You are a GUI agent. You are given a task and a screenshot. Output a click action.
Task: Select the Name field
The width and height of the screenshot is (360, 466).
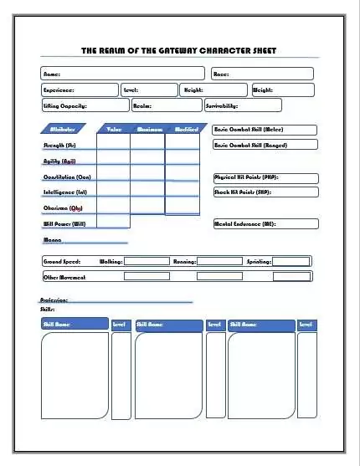(x=122, y=74)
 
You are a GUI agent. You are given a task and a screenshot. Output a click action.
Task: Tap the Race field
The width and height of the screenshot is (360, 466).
(x=265, y=74)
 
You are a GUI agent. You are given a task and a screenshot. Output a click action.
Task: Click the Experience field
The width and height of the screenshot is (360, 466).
(x=80, y=90)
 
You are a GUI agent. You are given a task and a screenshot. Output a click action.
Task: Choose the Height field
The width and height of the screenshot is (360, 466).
(x=213, y=90)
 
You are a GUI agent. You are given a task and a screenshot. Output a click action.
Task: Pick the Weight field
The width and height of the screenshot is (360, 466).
(x=282, y=90)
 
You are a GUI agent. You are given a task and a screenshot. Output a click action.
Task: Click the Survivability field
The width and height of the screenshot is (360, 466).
(x=242, y=105)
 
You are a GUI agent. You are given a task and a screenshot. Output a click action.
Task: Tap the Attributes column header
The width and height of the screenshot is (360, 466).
(x=64, y=129)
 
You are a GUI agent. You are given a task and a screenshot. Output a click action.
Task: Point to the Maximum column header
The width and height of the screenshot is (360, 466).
(x=148, y=129)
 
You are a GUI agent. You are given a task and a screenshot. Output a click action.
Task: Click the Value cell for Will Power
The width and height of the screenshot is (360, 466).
(x=114, y=223)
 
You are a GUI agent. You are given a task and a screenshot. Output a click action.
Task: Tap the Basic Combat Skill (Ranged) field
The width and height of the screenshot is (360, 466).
(x=265, y=145)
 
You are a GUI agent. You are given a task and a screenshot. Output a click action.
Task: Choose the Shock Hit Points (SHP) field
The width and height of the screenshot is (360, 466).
(x=265, y=192)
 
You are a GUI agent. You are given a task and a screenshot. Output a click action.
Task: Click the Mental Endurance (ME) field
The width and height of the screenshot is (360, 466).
(x=265, y=223)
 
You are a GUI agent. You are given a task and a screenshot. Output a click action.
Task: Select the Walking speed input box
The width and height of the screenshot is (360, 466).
(x=147, y=261)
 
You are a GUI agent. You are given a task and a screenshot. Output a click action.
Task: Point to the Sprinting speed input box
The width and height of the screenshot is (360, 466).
(x=291, y=261)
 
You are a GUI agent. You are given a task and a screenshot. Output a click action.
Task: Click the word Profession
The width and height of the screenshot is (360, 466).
(x=54, y=300)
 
